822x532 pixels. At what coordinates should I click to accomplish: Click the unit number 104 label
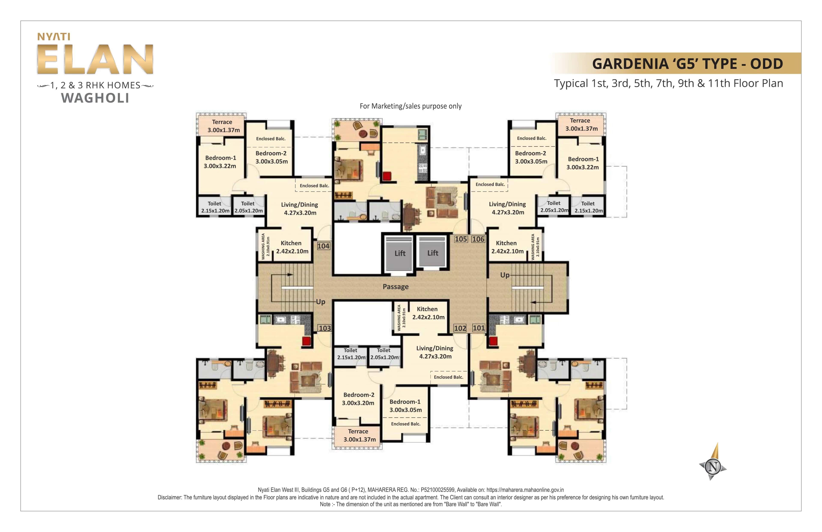[323, 246]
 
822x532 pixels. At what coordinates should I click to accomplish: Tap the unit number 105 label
[461, 239]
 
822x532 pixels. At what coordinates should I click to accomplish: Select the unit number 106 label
[478, 239]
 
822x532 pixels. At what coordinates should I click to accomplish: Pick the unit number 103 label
[325, 328]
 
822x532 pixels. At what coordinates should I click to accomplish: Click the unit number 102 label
[460, 328]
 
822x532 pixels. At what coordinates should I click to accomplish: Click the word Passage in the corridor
[395, 287]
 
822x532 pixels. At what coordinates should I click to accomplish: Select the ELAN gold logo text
[95, 60]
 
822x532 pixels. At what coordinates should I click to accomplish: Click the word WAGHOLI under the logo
[95, 98]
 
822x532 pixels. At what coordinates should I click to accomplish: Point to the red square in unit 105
[387, 176]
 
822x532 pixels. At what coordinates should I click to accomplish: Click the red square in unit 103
[306, 341]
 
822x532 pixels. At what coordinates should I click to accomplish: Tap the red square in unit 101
[493, 341]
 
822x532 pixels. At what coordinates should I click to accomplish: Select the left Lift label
[400, 253]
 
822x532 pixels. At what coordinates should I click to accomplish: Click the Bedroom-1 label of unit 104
[220, 162]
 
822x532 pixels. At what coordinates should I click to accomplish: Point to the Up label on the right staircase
[505, 275]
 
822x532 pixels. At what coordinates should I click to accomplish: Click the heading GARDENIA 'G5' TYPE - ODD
[687, 64]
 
